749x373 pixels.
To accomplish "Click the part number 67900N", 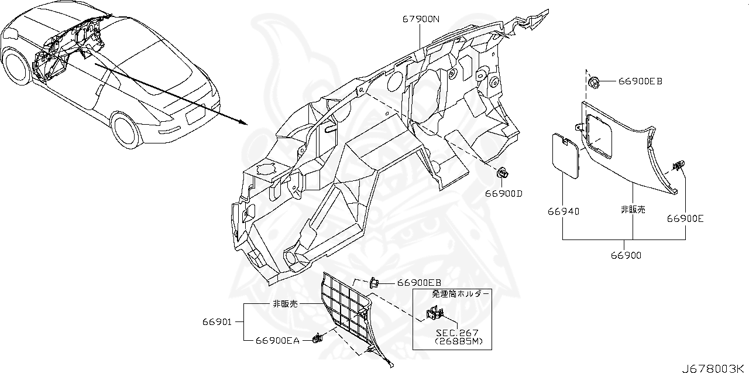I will coord(420,19).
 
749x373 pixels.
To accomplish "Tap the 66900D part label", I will coord(503,193).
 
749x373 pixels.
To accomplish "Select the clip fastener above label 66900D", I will coord(502,173).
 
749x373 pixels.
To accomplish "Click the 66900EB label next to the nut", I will coord(640,81).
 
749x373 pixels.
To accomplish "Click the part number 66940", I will coord(564,211).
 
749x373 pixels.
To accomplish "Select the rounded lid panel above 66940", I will coord(566,155).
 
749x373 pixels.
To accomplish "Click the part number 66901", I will coord(217,321).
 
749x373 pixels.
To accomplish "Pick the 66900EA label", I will coord(277,340).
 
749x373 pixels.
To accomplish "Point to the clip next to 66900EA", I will coord(318,338).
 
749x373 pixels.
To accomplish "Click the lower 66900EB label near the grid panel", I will coord(418,283).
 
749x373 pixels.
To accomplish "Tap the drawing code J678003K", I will coord(714,367).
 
